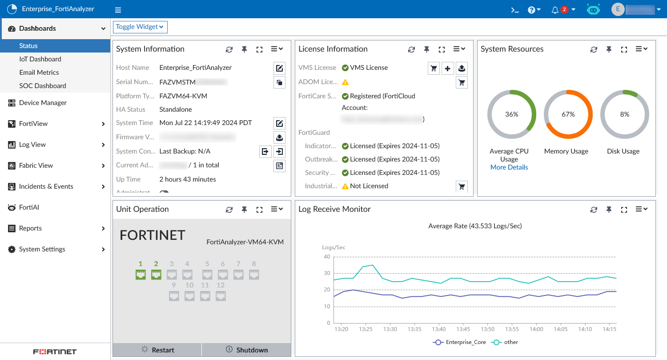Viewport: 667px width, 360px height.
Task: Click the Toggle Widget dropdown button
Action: click(x=140, y=27)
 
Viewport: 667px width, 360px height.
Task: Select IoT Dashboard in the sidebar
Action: click(x=40, y=59)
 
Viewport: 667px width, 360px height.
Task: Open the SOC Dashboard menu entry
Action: click(x=42, y=86)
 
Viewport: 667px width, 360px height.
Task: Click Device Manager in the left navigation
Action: click(x=43, y=103)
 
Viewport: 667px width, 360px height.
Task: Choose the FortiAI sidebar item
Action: click(x=29, y=207)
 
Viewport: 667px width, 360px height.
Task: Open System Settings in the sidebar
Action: click(x=42, y=249)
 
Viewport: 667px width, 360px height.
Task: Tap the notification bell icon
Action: click(x=555, y=10)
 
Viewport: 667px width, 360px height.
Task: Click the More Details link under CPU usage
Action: click(x=509, y=167)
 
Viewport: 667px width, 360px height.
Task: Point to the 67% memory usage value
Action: click(x=568, y=114)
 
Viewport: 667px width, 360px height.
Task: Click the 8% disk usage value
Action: click(x=625, y=114)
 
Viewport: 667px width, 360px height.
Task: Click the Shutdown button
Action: click(x=247, y=350)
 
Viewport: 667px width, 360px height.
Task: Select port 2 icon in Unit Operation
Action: click(x=156, y=275)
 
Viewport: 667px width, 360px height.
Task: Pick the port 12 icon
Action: click(x=221, y=296)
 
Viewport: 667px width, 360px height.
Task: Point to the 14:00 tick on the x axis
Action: click(x=536, y=329)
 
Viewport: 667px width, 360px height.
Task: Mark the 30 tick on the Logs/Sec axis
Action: click(x=327, y=273)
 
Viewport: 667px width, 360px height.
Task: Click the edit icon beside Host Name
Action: click(x=279, y=68)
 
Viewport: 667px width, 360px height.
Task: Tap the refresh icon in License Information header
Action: click(x=411, y=49)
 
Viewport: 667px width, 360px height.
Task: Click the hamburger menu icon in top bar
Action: click(x=118, y=10)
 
